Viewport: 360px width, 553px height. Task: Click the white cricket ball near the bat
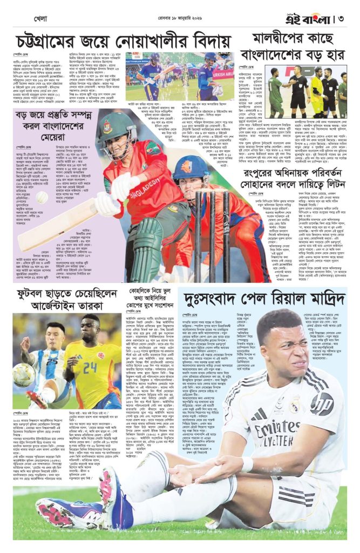coord(42,198)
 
